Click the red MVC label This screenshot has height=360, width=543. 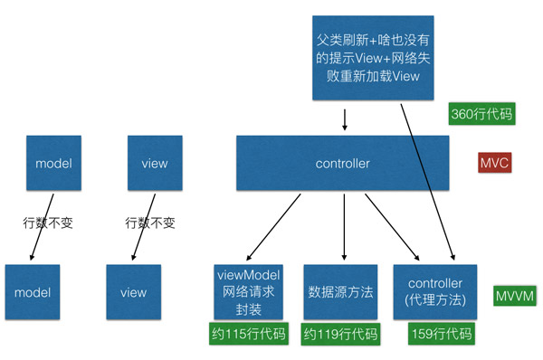pos(495,163)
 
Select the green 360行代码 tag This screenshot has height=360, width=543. pos(481,115)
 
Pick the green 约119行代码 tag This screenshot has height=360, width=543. pos(340,335)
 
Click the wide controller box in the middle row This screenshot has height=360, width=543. pos(342,165)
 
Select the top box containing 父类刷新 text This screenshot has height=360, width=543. pos(372,57)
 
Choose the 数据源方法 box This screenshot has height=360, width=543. pos(339,291)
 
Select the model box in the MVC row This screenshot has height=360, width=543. pos(52,164)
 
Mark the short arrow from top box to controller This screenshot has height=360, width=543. pos(344,119)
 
